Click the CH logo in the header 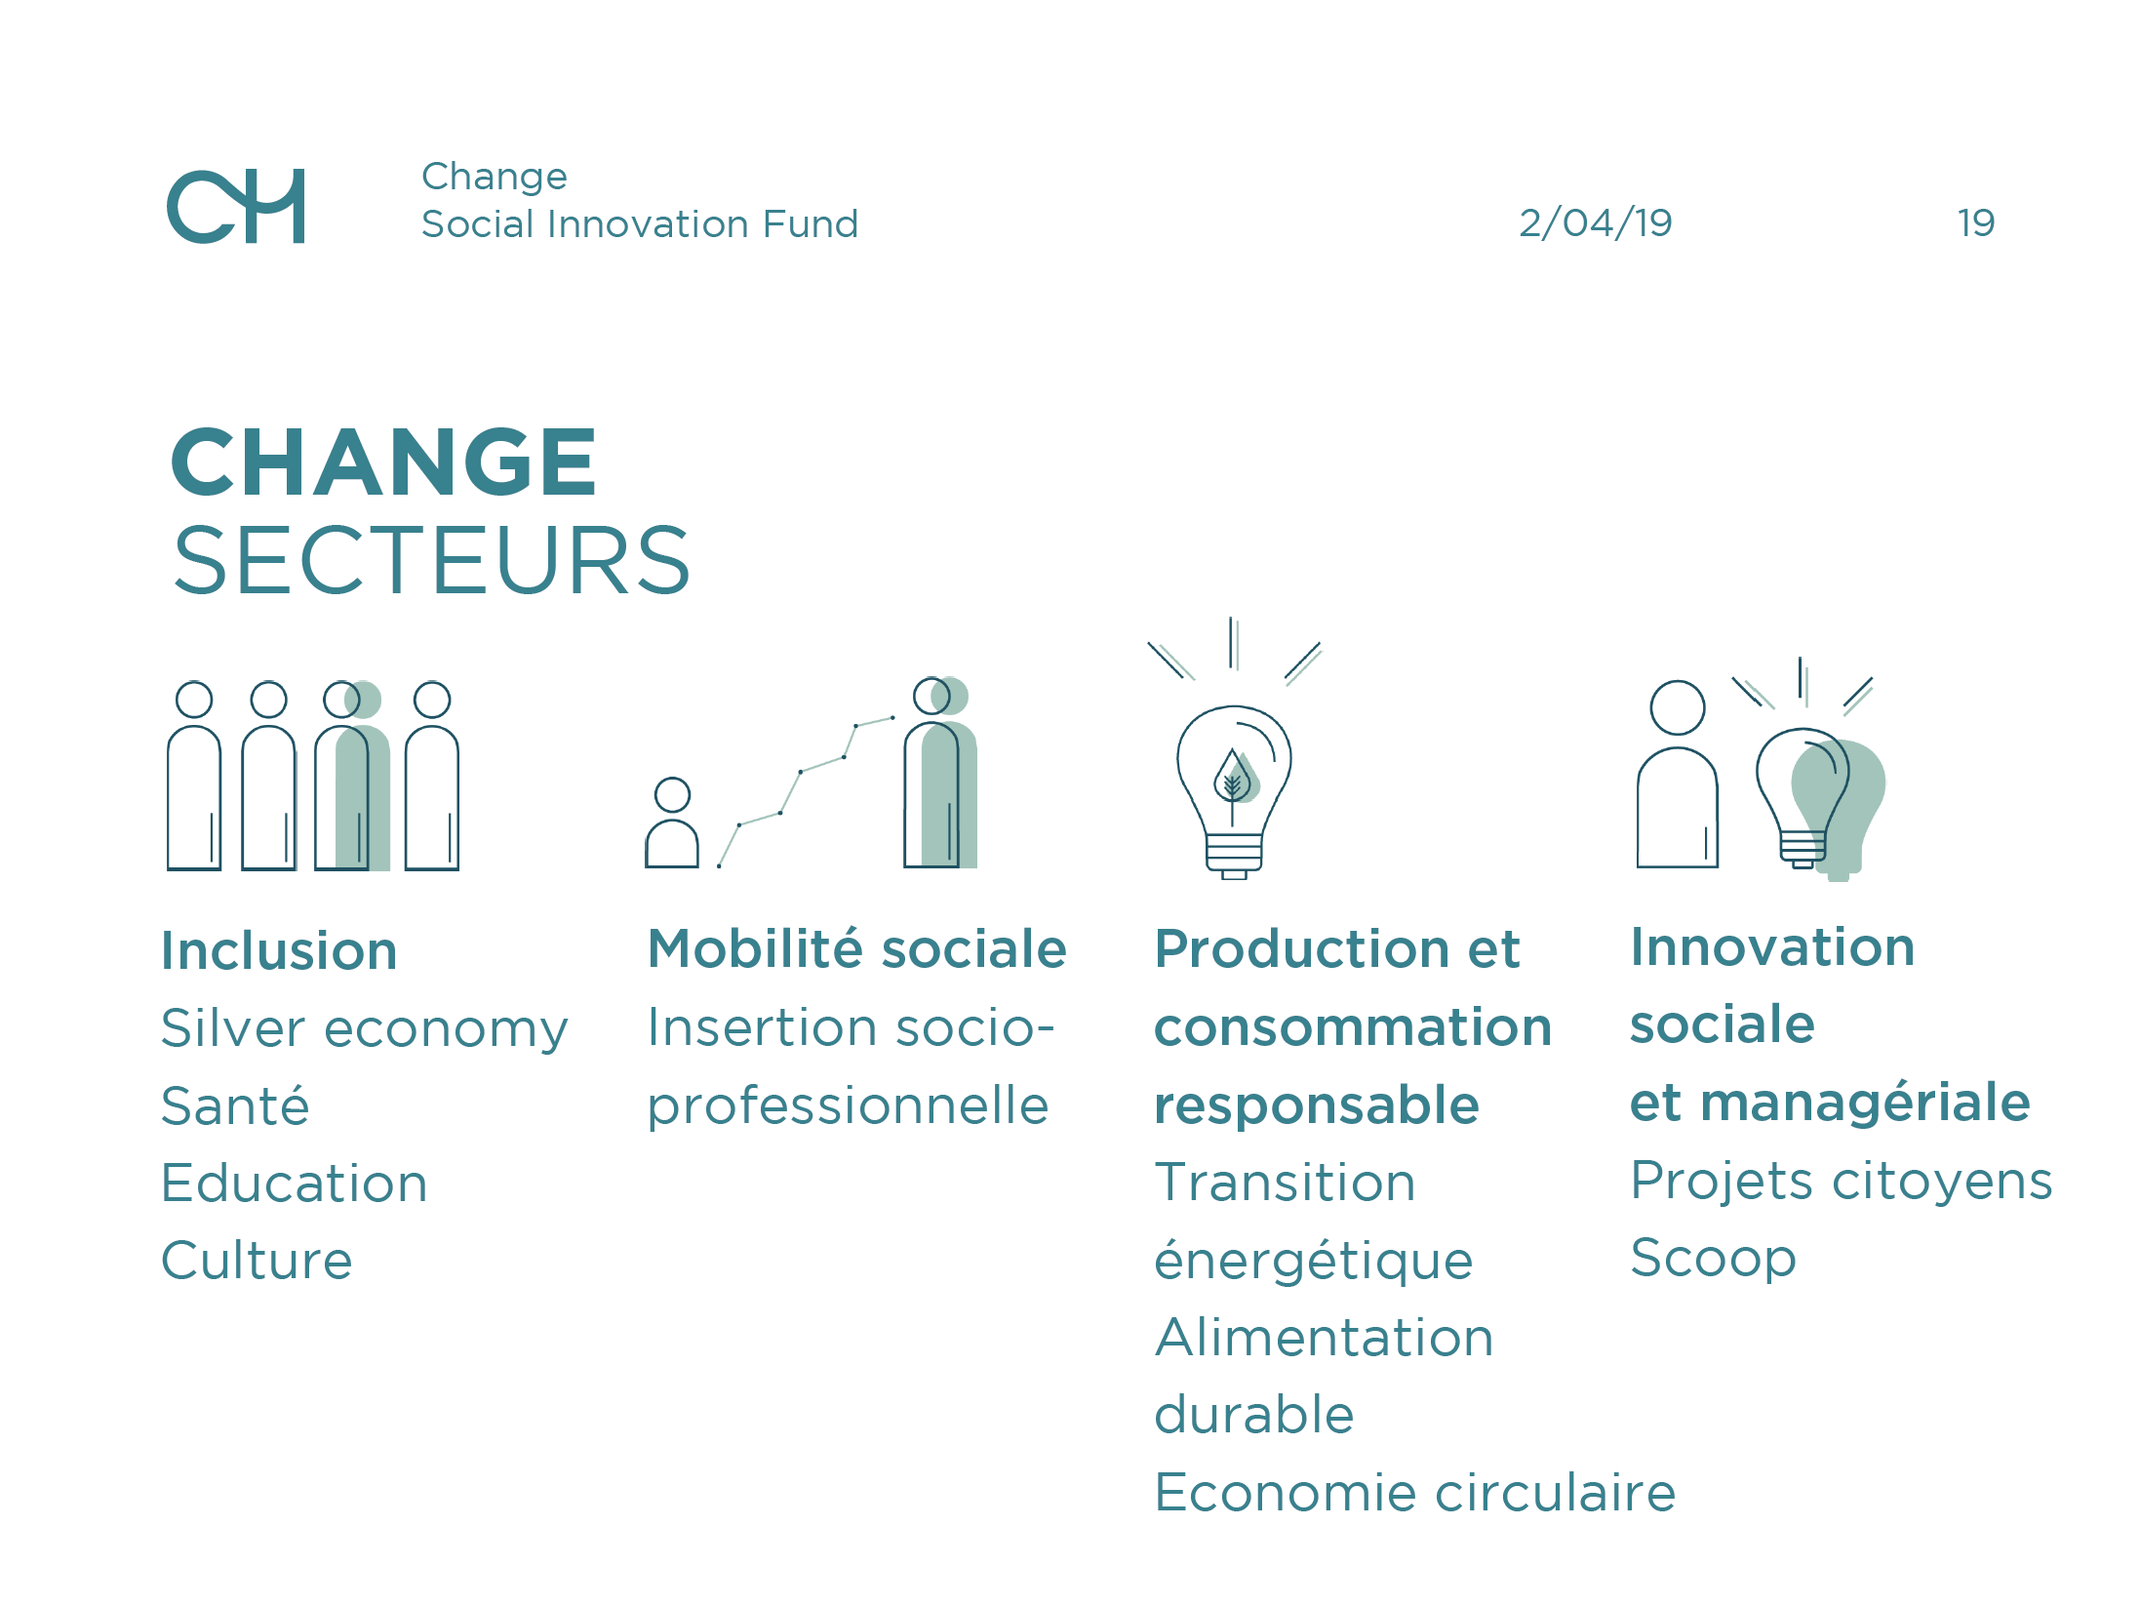click(235, 206)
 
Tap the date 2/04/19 click(1596, 223)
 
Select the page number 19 click(1976, 223)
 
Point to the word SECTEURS click(432, 560)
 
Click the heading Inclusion click(279, 950)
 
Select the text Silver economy click(364, 1030)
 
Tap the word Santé click(235, 1105)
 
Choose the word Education click(295, 1184)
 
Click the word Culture click(257, 1261)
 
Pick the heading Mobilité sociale click(857, 948)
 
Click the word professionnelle click(849, 1107)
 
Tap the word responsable click(1317, 1106)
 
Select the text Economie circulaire click(1415, 1493)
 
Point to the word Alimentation click(1325, 1338)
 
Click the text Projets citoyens click(1842, 1183)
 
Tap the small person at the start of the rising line click(672, 823)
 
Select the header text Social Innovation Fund click(640, 224)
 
